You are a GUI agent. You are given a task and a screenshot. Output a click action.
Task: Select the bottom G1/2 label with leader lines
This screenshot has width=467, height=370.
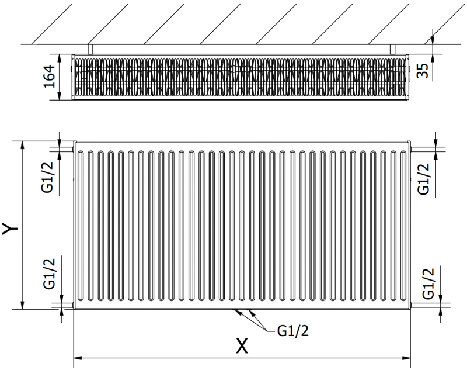coord(292,331)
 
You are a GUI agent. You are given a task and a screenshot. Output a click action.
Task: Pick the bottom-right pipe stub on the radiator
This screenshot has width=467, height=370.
coord(414,303)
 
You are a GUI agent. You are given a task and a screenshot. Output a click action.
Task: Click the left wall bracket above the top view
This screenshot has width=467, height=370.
coord(90,49)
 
